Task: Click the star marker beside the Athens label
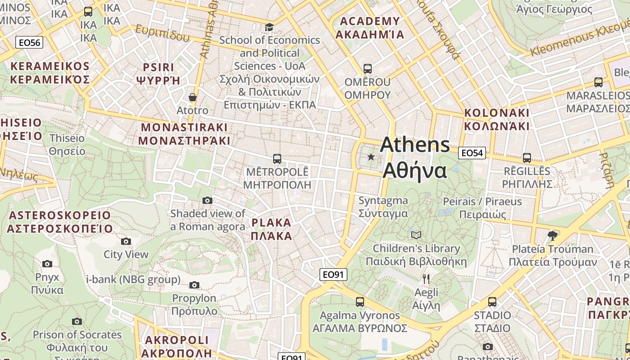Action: point(371,157)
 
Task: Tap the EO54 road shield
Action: point(472,153)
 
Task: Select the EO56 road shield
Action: point(29,43)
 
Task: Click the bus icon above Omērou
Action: point(368,69)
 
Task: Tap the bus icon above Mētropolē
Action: point(277,159)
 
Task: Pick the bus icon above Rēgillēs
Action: point(527,158)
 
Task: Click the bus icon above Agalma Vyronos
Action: point(360,302)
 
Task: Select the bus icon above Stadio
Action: point(492,302)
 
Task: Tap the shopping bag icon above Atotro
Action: point(193,97)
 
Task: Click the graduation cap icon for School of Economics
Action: point(269,27)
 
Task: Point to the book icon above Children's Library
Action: point(416,235)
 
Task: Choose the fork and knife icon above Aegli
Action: point(426,279)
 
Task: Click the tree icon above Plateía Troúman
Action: point(553,235)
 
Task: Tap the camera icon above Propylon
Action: point(194,285)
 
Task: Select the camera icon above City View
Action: point(126,241)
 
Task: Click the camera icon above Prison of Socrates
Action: point(77,321)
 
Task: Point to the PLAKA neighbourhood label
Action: point(271,229)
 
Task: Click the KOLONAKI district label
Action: point(497,119)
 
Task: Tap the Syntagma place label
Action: point(383,207)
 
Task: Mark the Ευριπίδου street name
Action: point(162,33)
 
